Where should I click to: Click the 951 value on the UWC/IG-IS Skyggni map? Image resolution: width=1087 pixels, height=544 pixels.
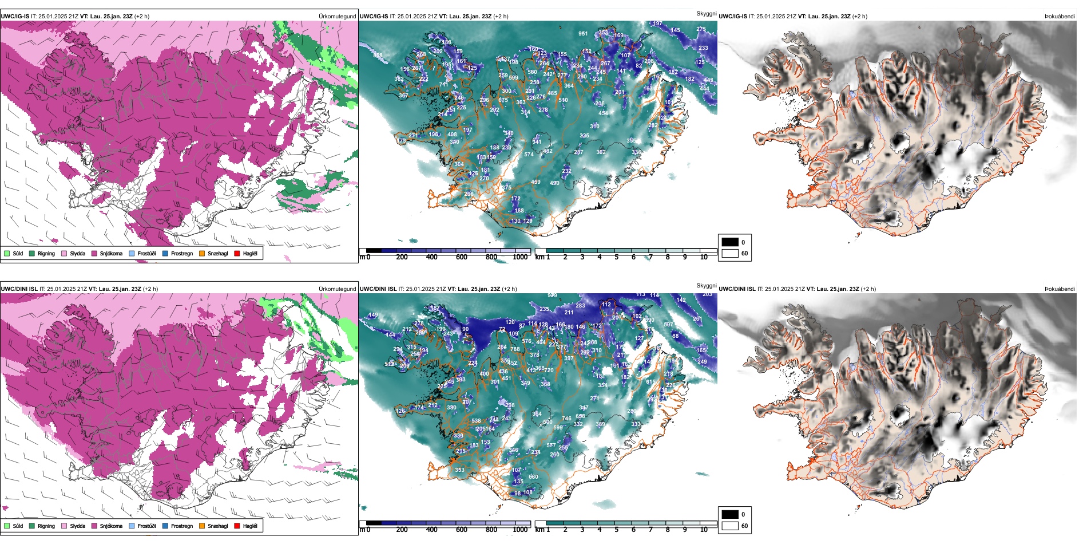click(x=582, y=34)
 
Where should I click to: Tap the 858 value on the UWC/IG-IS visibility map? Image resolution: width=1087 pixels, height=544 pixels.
click(x=378, y=56)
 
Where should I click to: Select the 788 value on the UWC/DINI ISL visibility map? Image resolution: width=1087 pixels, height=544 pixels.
click(x=515, y=349)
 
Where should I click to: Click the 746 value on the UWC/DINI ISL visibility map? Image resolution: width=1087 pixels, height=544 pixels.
click(x=566, y=419)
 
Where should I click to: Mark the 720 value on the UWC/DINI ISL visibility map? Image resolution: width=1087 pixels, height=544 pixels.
click(x=549, y=370)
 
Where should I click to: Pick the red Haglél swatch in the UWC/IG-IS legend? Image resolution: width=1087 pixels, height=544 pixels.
click(x=237, y=253)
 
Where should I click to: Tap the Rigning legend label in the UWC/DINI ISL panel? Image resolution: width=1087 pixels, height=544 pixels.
click(x=46, y=526)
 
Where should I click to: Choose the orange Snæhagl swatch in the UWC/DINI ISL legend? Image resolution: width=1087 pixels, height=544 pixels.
click(x=202, y=526)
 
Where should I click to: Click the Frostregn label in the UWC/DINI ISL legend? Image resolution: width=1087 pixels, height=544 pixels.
click(x=182, y=526)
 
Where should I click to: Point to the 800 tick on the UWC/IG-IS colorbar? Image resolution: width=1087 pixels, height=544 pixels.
click(x=491, y=257)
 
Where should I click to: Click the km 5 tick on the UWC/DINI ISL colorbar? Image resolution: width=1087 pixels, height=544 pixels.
click(x=616, y=530)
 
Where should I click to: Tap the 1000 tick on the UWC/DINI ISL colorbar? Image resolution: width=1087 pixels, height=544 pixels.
click(x=520, y=530)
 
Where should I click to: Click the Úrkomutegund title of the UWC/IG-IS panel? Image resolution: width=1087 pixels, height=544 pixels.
click(x=337, y=16)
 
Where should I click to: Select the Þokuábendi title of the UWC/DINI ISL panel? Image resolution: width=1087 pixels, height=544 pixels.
click(x=1060, y=289)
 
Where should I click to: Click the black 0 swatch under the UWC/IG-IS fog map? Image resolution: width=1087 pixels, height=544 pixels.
click(x=730, y=242)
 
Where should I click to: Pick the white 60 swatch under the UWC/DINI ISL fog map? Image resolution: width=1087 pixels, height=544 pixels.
click(x=730, y=526)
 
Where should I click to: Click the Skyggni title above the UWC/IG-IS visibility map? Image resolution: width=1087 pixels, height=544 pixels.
click(x=706, y=13)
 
